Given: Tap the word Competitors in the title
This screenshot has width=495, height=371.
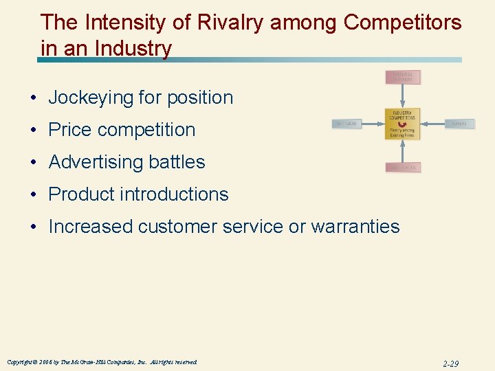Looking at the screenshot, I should (x=402, y=23).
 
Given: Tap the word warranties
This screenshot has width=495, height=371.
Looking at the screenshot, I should (x=355, y=227).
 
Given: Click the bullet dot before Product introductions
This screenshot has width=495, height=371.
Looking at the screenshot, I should (x=33, y=194).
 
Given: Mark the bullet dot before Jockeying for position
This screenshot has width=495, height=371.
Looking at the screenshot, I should (x=33, y=98).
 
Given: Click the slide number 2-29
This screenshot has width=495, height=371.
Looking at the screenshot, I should (x=450, y=363).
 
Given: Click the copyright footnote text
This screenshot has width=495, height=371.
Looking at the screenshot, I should (x=102, y=361).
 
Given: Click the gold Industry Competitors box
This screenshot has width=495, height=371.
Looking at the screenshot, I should (x=402, y=124).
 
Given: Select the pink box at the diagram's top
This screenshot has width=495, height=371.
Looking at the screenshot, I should (x=402, y=76).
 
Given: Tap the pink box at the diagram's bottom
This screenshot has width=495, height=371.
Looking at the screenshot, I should (x=402, y=167).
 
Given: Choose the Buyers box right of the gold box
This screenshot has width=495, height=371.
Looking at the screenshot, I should (x=459, y=124).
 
